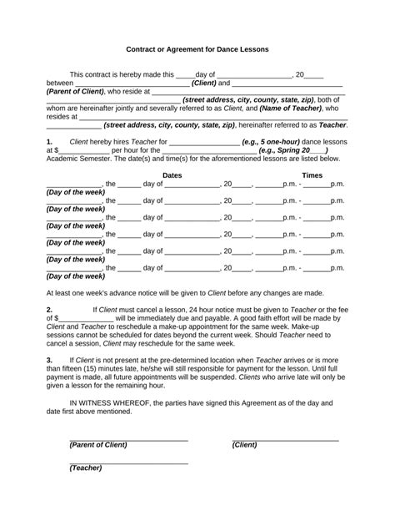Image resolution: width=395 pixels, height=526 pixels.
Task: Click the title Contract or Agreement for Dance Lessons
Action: point(197,49)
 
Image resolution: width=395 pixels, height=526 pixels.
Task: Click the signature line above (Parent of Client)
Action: point(128,438)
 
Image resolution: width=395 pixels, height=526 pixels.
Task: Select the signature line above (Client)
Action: point(285,438)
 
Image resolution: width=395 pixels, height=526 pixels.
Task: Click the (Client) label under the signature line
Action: point(244,445)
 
